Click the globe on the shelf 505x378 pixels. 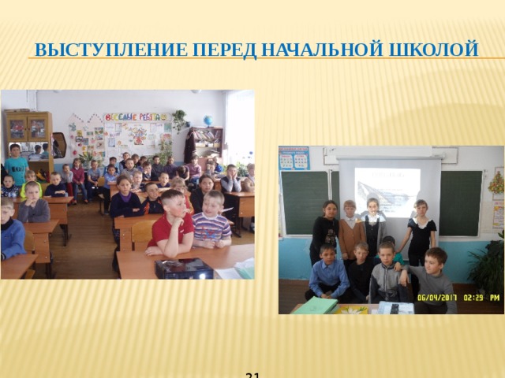click(208, 120)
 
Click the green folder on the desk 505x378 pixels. click(316, 305)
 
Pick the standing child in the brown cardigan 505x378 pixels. click(350, 230)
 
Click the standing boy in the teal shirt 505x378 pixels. click(16, 165)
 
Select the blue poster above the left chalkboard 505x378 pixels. click(294, 157)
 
